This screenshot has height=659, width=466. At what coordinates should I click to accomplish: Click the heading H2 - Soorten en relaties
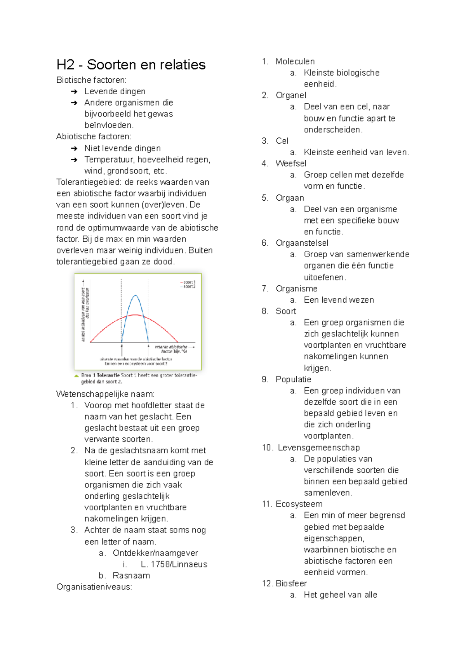click(131, 65)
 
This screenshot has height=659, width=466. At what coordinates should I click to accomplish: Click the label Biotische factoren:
click(91, 80)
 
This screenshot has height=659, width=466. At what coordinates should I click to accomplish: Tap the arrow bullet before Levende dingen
click(74, 92)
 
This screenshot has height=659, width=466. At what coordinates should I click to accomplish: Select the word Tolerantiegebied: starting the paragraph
click(89, 182)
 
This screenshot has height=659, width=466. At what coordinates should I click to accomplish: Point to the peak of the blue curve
click(136, 296)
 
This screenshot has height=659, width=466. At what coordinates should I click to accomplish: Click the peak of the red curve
click(135, 315)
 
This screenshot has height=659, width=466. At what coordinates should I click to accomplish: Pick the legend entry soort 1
click(189, 282)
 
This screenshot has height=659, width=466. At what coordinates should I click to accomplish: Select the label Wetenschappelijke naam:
click(105, 394)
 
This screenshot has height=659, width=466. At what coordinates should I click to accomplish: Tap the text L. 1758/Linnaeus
click(174, 564)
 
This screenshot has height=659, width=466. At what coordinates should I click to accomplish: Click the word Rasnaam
click(131, 576)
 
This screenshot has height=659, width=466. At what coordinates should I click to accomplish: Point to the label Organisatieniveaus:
click(94, 587)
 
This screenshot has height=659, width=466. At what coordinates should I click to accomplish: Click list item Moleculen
click(295, 61)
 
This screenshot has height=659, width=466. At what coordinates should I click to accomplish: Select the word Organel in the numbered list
click(291, 95)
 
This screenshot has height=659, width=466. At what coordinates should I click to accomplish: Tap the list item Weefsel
click(291, 164)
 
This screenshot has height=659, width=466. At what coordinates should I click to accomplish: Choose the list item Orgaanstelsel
click(302, 243)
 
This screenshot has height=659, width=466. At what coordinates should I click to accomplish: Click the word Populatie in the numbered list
click(293, 380)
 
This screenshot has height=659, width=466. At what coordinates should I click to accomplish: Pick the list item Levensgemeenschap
click(318, 447)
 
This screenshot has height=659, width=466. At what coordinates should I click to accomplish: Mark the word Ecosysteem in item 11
click(299, 504)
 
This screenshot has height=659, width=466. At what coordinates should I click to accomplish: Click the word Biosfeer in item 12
click(291, 583)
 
